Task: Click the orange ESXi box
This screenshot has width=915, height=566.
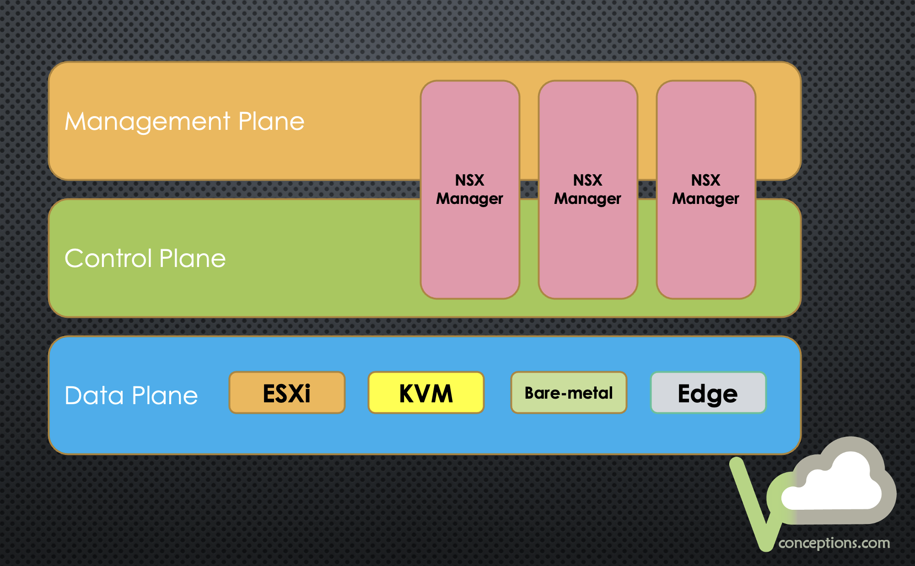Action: (x=287, y=393)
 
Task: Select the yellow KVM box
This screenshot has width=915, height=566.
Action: (x=426, y=393)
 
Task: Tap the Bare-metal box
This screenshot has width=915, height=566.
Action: (x=569, y=393)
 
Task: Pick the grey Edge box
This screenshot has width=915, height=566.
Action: (x=708, y=393)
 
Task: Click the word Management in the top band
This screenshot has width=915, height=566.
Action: (x=147, y=122)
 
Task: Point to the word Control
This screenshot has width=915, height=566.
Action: (x=108, y=258)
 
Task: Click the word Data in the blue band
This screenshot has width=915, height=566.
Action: (x=94, y=395)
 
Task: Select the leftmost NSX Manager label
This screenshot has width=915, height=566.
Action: (x=470, y=189)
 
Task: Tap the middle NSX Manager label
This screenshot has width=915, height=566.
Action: (x=588, y=189)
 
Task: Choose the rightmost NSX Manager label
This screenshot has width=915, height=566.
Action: (x=706, y=189)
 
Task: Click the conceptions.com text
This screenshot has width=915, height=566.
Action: (x=834, y=543)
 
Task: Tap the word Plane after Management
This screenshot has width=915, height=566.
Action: (x=271, y=121)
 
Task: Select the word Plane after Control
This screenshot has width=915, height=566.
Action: (x=193, y=258)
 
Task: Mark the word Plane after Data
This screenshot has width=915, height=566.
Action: (x=165, y=395)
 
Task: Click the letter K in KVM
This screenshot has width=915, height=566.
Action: (x=407, y=393)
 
